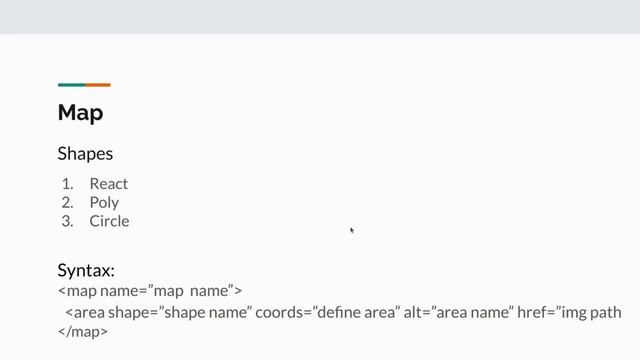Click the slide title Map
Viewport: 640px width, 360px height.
point(80,113)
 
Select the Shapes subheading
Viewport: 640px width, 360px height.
point(85,154)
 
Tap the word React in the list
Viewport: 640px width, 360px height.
point(108,184)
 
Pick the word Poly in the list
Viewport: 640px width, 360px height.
point(104,202)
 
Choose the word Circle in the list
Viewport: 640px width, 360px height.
point(109,221)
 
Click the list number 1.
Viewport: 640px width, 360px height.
point(67,184)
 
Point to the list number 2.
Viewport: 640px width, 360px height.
point(67,202)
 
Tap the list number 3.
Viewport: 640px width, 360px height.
point(67,221)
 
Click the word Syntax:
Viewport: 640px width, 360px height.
point(86,270)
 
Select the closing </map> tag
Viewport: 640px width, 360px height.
point(82,332)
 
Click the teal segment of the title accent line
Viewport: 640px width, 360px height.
point(71,85)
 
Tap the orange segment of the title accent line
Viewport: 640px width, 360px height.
point(97,85)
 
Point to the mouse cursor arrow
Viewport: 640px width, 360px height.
point(352,231)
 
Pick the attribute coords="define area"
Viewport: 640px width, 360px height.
point(327,312)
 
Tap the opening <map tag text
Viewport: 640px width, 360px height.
point(77,291)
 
